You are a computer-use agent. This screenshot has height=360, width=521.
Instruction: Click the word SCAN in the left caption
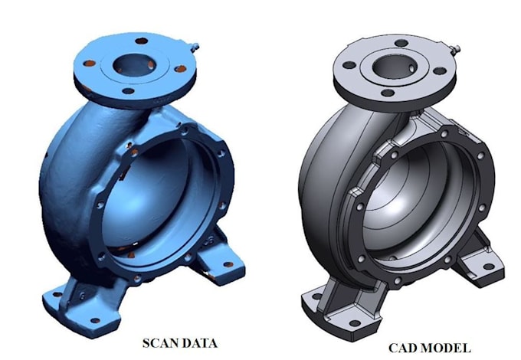coord(159,343)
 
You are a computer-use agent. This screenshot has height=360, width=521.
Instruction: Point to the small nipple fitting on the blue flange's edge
coord(195,47)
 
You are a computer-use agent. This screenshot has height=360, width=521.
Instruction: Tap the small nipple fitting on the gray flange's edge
coord(454,50)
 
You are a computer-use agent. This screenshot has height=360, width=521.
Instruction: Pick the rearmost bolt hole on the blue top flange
coord(142,41)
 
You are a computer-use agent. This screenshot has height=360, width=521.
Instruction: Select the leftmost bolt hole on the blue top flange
coord(89,63)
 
